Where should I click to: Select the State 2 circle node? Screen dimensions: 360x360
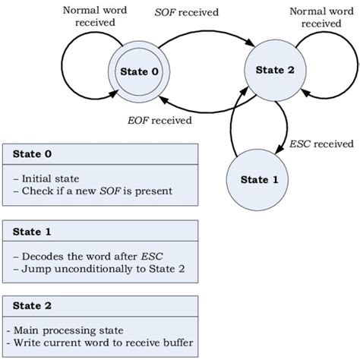[270, 72]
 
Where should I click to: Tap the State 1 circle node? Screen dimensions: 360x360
[254, 180]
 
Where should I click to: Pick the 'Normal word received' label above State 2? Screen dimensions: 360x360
[321, 16]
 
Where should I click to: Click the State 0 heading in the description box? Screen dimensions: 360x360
[32, 153]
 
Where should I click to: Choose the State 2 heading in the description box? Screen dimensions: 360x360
[32, 307]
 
